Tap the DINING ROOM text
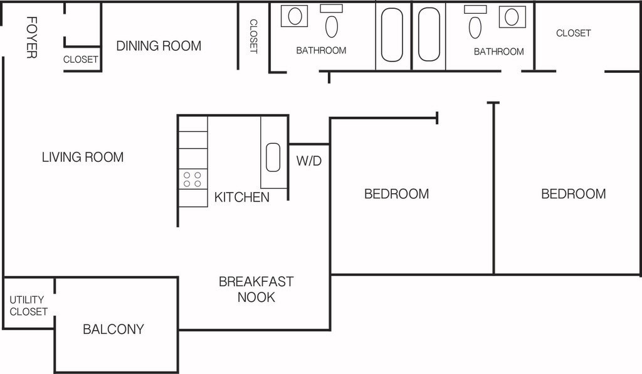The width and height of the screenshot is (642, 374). coord(159,46)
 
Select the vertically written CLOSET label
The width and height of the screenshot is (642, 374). coord(253,36)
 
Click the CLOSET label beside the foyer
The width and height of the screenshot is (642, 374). coord(81,60)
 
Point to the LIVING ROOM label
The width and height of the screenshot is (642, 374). coord(83,157)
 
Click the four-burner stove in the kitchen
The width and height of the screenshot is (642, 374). coord(192,179)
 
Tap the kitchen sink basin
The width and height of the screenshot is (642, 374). coord(273,158)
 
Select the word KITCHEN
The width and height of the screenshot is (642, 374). coord(242,197)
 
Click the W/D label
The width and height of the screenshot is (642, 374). coord(308,161)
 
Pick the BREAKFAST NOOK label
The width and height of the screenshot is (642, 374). coord(256,289)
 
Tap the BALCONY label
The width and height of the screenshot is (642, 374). coord(113,329)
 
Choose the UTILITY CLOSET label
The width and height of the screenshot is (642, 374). coord(28,306)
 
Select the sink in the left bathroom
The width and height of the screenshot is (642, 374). coord(295,16)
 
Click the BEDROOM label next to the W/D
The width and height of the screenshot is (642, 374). coord(396,194)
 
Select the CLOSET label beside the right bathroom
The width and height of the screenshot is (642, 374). coord(573,33)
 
